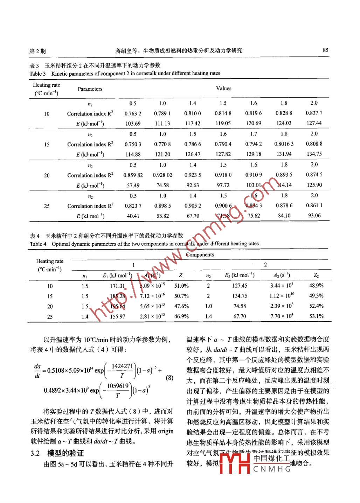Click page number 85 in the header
325,50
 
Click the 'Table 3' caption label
37,74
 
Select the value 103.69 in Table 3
133,124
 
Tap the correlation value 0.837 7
314,113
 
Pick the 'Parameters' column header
90,89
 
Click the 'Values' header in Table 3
223,89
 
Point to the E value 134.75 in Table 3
314,154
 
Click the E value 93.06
314,216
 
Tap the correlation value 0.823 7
133,206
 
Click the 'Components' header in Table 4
200,255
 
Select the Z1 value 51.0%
181,286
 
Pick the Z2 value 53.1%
316,316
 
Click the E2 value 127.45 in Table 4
240,286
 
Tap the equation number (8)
169,378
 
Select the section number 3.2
35,454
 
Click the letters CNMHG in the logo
272,469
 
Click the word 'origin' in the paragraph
166,431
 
